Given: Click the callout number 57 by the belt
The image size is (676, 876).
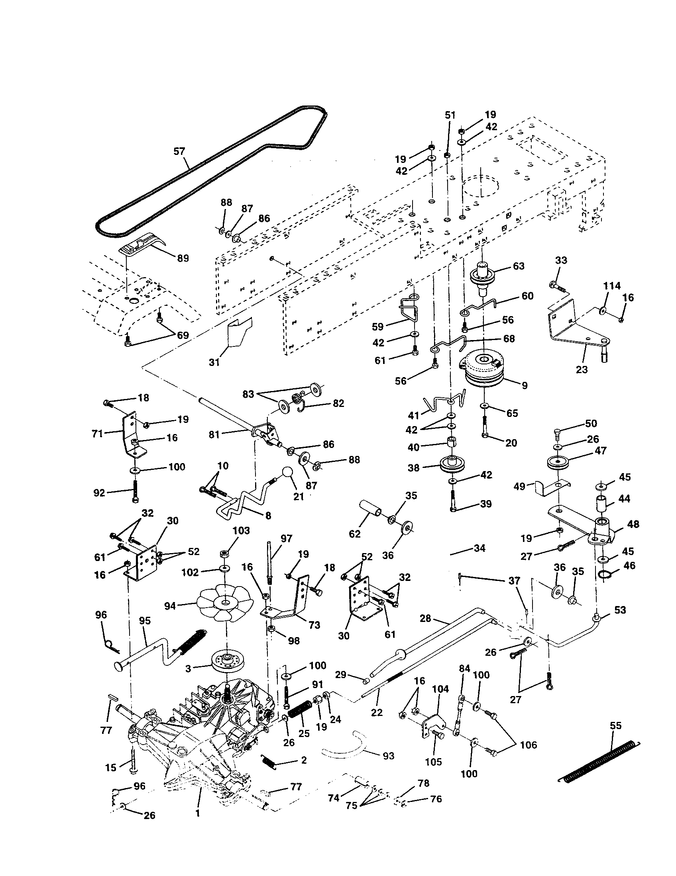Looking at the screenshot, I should click(179, 152).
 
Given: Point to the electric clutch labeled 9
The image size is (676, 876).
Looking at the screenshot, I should click(484, 368).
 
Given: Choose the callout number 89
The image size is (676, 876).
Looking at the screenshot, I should click(183, 258).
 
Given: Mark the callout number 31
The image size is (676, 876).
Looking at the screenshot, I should click(214, 362).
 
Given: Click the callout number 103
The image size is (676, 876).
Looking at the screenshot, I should click(241, 531).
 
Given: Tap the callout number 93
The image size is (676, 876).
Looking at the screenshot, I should click(389, 756).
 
